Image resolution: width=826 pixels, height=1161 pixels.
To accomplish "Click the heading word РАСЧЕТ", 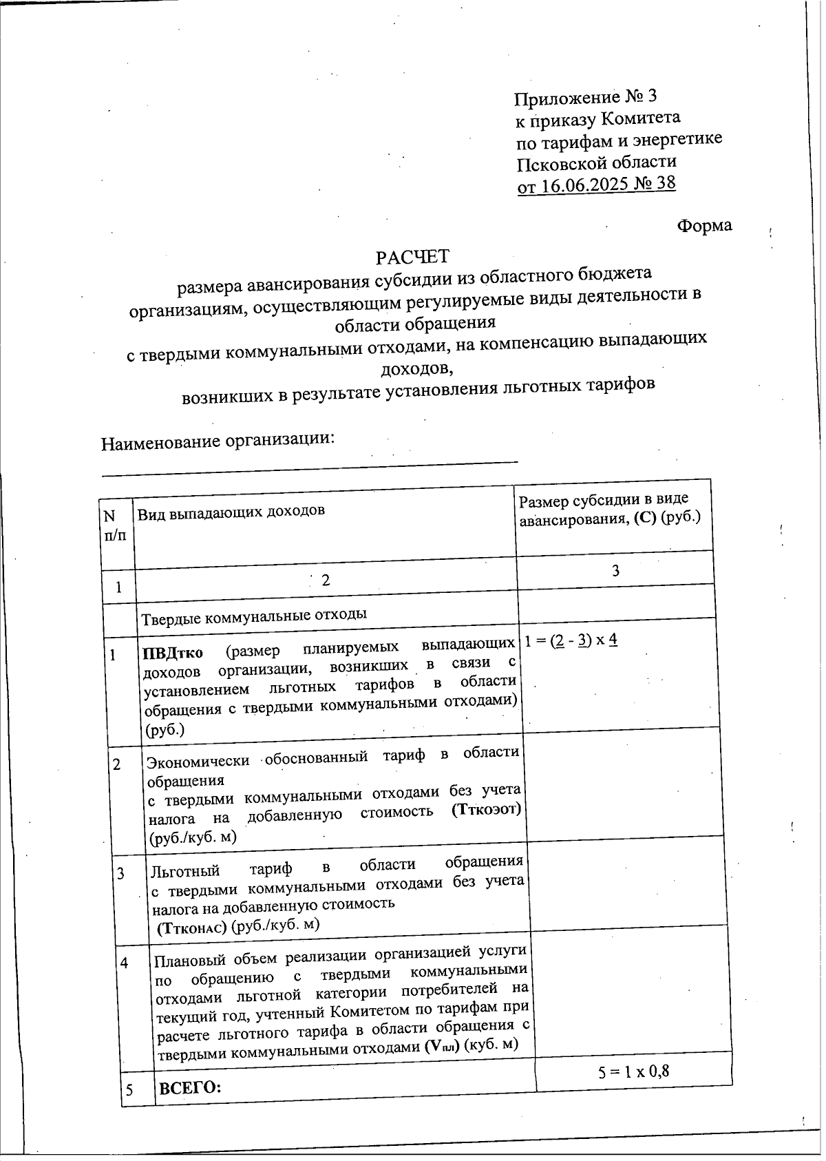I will [412, 257].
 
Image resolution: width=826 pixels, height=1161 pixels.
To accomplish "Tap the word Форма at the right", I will [704, 225].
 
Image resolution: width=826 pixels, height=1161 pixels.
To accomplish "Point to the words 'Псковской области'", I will [596, 163].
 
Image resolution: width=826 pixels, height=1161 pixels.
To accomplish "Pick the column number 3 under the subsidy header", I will [615, 570].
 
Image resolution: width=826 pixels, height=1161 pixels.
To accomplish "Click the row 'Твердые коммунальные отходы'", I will [254, 614].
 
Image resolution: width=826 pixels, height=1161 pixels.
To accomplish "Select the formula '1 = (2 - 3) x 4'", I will [571, 640].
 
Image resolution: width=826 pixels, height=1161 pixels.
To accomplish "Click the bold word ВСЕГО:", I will [190, 1089].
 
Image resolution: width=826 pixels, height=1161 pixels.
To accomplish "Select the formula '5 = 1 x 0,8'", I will [634, 1071].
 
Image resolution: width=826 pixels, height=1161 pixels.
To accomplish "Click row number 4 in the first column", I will [125, 963].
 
